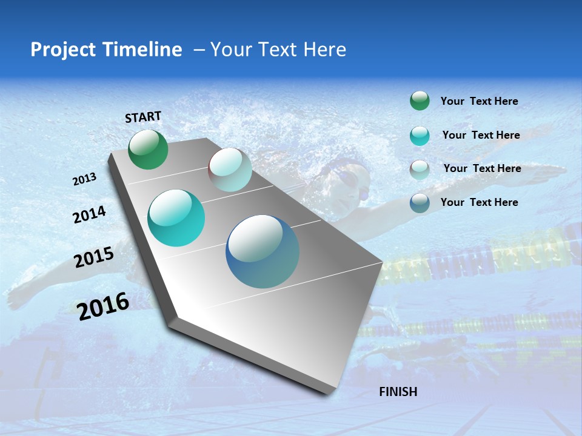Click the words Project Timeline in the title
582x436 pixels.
[x=106, y=50]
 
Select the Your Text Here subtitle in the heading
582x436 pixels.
[x=278, y=50]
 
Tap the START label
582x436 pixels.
[x=143, y=117]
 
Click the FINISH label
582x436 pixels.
[x=398, y=392]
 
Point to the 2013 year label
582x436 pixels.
[x=84, y=179]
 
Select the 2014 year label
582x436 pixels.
[x=89, y=214]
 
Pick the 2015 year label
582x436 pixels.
[x=94, y=257]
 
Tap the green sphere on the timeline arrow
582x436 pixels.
[x=148, y=149]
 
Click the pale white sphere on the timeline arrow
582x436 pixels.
[x=230, y=170]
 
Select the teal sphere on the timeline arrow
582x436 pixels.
[x=176, y=218]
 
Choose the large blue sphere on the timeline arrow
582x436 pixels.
[x=263, y=251]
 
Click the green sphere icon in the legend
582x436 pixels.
[x=420, y=101]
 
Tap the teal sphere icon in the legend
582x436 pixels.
[x=420, y=136]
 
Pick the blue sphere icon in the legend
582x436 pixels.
[x=420, y=203]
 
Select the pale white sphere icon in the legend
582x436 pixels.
[x=420, y=170]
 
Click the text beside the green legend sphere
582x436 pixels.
[x=479, y=101]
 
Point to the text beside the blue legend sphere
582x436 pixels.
[x=479, y=202]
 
